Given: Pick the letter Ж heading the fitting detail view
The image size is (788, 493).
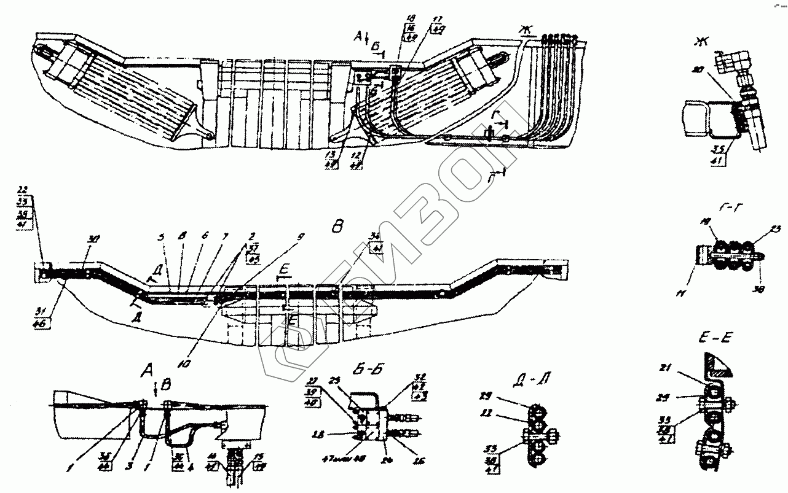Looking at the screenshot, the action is [699, 42].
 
